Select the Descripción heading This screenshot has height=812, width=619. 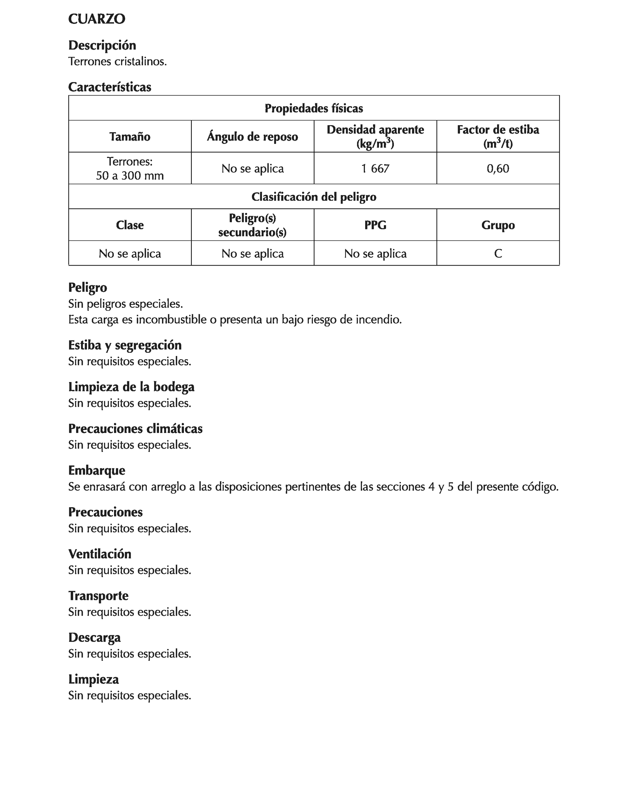[102, 45]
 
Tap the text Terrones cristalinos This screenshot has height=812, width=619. [118, 61]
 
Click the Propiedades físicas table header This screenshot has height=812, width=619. [313, 108]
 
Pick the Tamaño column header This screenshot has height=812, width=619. [130, 137]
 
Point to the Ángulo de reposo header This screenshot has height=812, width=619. [252, 137]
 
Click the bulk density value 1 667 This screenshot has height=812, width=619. [375, 168]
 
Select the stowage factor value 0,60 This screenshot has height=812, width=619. [498, 168]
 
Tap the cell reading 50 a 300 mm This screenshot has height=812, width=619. [130, 176]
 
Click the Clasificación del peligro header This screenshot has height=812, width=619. [313, 197]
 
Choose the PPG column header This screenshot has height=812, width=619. [375, 225]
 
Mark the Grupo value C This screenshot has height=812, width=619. [498, 254]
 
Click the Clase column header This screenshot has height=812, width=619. [130, 225]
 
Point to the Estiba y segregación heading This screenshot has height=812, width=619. [125, 345]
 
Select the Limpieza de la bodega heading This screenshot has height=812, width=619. [131, 387]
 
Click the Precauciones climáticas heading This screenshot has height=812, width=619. [135, 429]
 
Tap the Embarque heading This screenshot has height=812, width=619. [96, 471]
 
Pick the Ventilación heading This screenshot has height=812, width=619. [99, 554]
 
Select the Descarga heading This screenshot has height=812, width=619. [94, 638]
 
